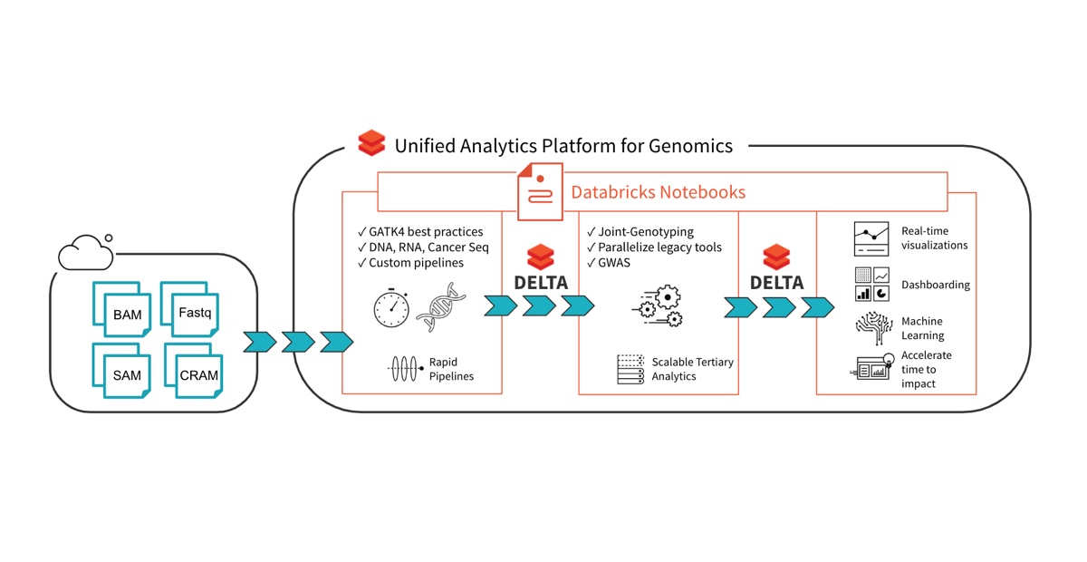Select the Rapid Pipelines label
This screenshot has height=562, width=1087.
(451, 369)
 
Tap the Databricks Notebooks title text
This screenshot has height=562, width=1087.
(658, 192)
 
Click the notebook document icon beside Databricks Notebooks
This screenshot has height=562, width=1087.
(540, 191)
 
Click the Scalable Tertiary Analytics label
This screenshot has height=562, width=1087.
(692, 369)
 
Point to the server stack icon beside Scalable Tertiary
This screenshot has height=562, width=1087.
(631, 369)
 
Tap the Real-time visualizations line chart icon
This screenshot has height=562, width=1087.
(871, 238)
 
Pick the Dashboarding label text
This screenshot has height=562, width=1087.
(935, 285)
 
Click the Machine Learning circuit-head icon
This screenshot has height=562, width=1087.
(872, 328)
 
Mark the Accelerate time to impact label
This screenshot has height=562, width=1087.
(926, 369)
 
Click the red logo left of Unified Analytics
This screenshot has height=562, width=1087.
(371, 144)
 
